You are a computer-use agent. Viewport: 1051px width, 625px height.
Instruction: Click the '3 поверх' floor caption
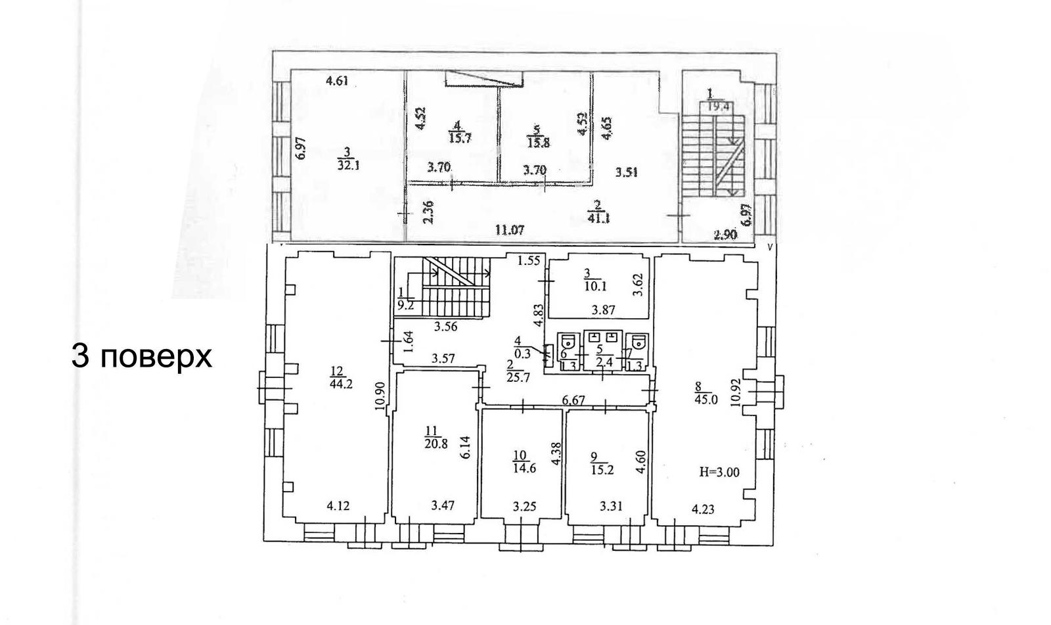(x=141, y=357)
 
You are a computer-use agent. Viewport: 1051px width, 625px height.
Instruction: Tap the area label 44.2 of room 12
(x=342, y=384)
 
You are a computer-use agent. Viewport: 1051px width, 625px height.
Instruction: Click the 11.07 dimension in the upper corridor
(x=510, y=231)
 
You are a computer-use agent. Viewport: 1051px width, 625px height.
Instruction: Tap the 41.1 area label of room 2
(x=599, y=218)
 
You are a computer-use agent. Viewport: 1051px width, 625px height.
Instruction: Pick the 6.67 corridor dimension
(x=573, y=399)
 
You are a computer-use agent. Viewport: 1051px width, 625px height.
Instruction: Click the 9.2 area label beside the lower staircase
(x=405, y=305)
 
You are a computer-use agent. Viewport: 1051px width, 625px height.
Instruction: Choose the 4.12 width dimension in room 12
(x=338, y=506)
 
